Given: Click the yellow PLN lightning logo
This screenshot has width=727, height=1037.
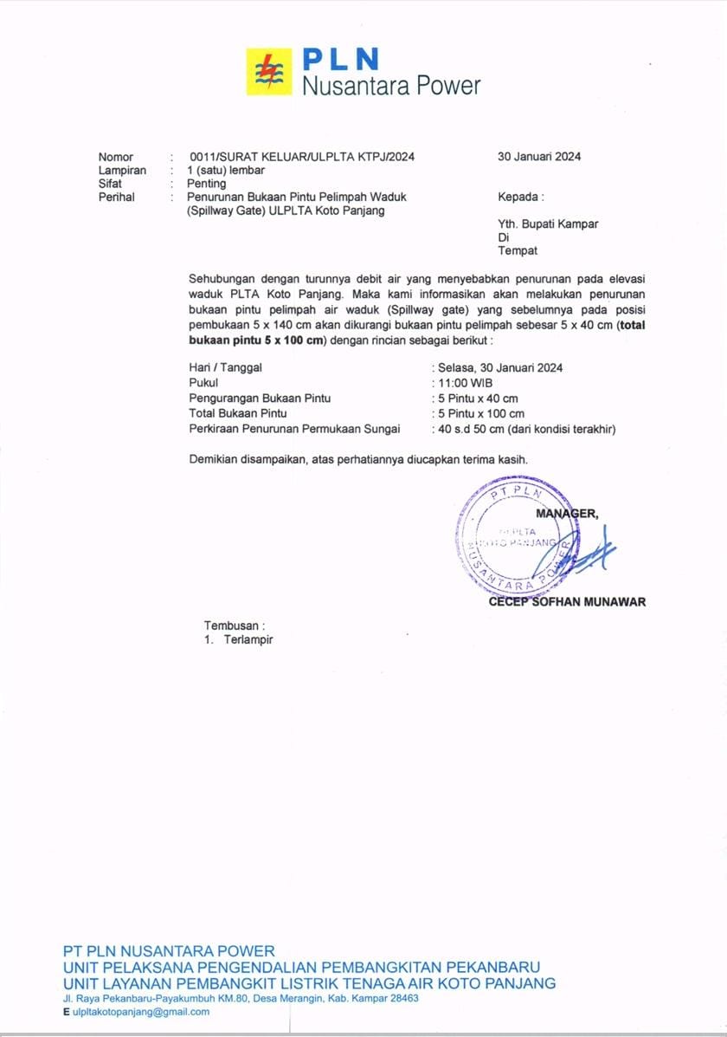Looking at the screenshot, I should (269, 71).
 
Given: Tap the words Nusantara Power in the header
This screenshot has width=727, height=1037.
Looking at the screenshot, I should (390, 86).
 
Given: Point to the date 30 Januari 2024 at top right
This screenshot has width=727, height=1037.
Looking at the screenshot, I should (539, 157).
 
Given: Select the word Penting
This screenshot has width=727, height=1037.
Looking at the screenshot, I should (207, 184).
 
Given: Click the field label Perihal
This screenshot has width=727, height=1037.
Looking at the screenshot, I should (117, 197).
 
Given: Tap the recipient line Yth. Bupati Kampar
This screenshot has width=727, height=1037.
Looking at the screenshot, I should (548, 224).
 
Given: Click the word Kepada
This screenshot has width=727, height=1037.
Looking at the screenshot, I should (520, 197).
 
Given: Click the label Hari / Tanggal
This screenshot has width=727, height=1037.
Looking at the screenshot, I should (225, 367).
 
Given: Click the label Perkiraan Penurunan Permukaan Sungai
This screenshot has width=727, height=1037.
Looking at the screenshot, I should (294, 429).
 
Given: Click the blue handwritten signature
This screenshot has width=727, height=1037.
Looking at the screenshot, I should (589, 554).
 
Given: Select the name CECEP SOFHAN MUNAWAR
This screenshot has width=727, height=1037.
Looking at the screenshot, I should (567, 602).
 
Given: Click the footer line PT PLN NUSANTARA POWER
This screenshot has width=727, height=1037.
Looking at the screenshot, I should (169, 950).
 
